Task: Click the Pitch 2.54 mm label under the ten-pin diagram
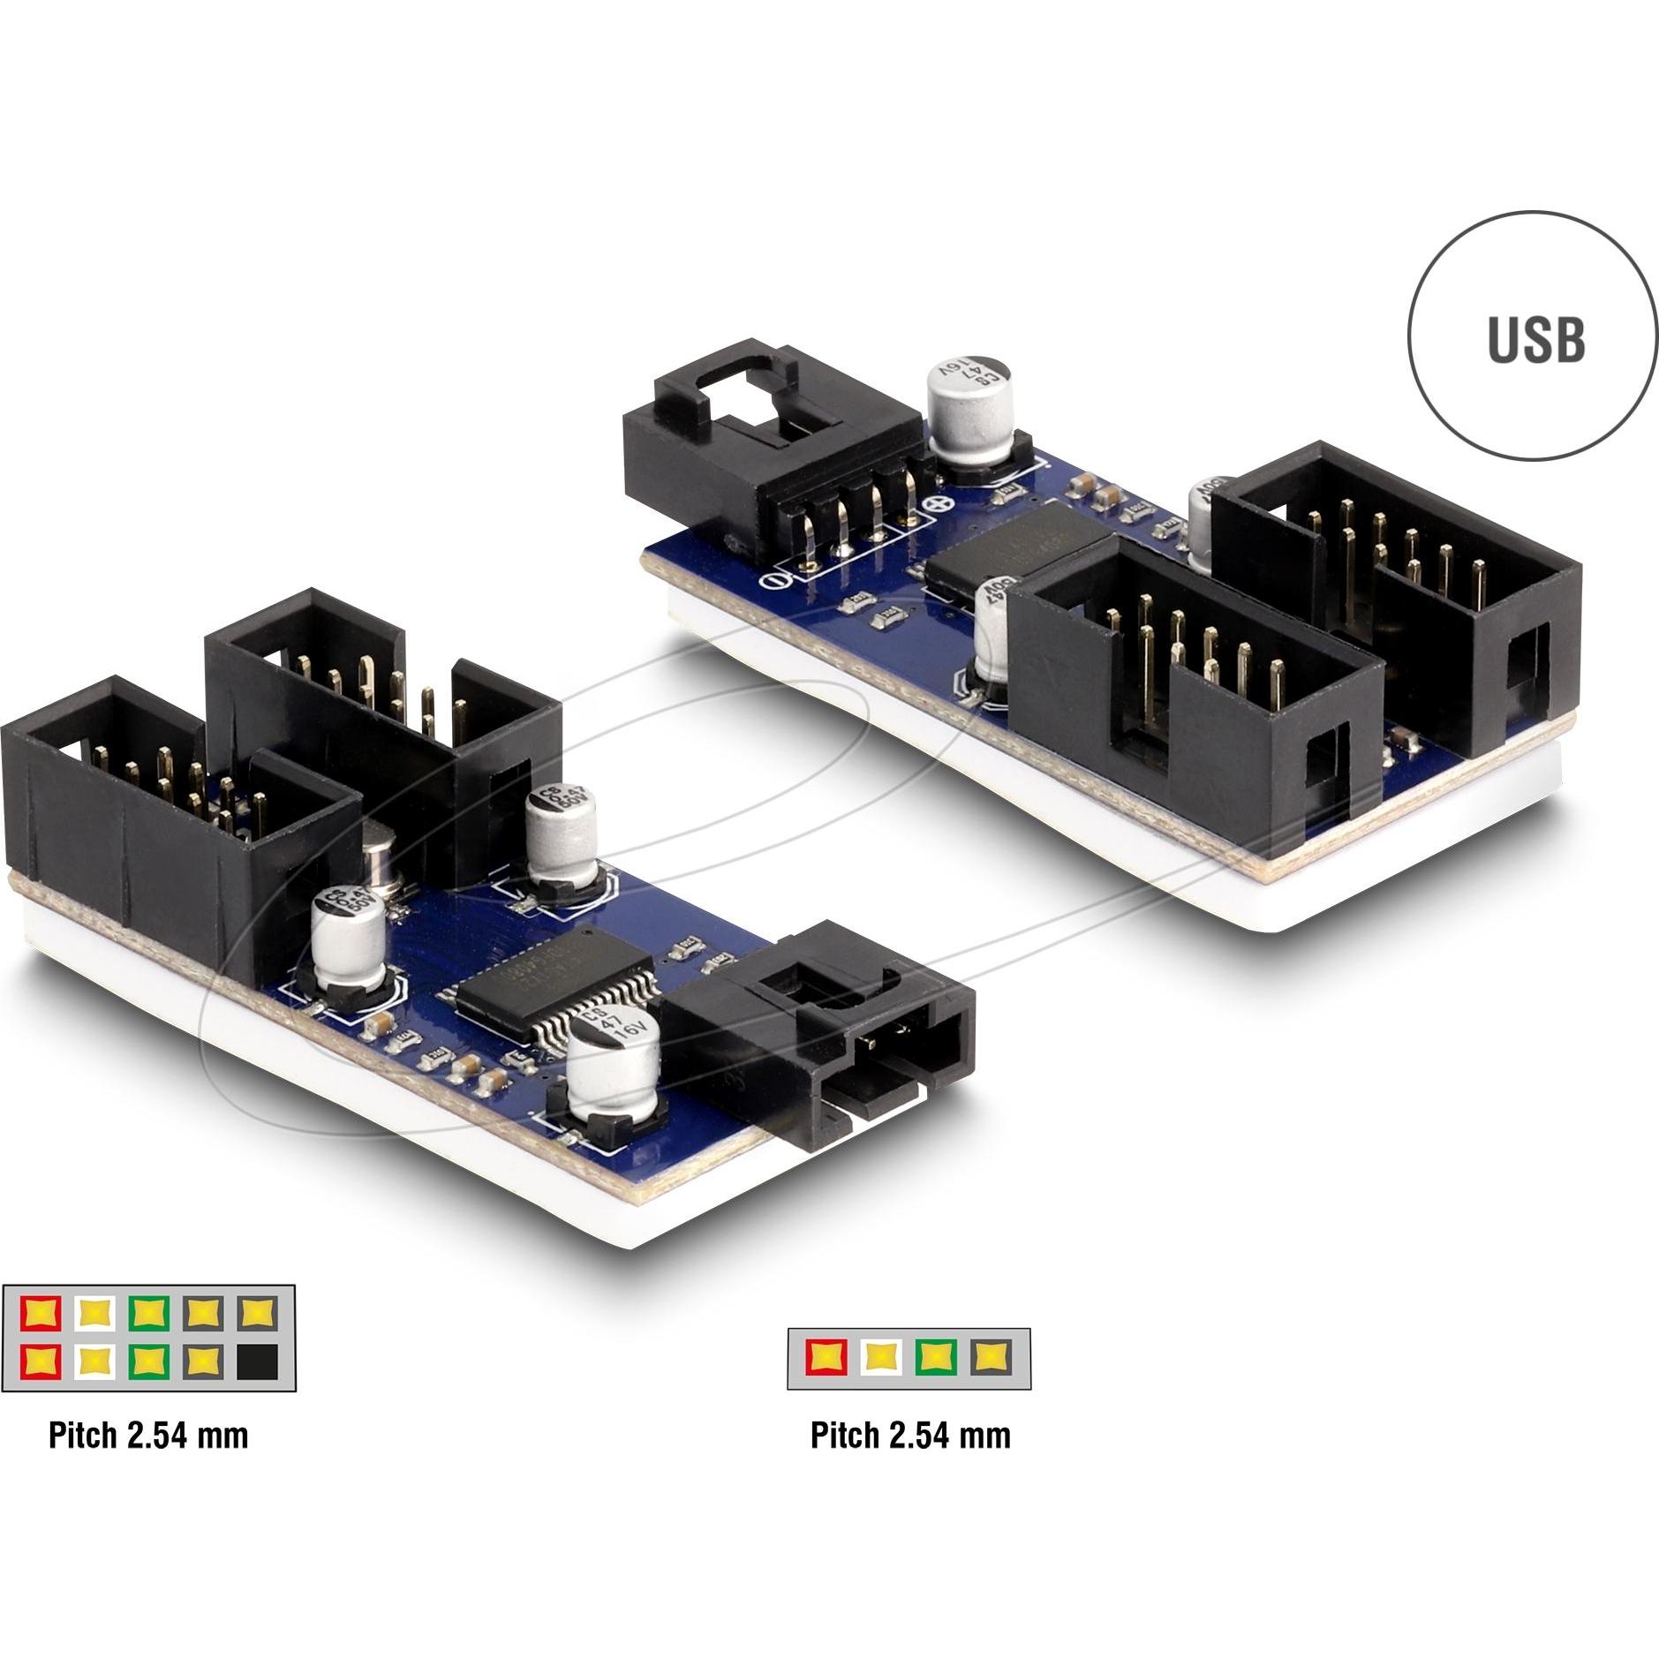[x=148, y=1436]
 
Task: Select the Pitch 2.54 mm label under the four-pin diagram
[x=910, y=1436]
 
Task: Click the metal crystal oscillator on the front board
[x=381, y=855]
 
